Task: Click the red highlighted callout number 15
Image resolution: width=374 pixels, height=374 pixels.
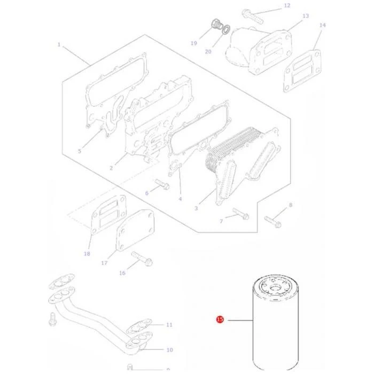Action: pos(220,320)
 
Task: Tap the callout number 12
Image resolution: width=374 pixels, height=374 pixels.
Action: pos(287,6)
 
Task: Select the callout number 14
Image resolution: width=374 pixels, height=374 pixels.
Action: pos(323,25)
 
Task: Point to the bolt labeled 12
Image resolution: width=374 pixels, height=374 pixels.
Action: pos(253,17)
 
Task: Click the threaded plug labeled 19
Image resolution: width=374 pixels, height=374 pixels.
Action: pos(217,25)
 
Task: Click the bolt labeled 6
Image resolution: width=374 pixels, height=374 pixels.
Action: pos(162,184)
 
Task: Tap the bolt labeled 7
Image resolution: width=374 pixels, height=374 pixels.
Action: pos(241,214)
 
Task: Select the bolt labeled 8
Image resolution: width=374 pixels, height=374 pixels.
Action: pos(273,222)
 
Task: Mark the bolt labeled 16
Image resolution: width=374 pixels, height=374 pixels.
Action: pos(142,259)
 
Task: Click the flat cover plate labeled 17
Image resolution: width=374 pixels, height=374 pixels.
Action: pos(135,230)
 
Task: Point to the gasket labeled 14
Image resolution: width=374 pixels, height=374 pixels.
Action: pos(302,71)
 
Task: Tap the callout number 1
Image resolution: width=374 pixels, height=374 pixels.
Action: pos(59,44)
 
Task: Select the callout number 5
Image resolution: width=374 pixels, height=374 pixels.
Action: pos(80,151)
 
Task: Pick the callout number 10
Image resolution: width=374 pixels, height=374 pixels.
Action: pos(169,350)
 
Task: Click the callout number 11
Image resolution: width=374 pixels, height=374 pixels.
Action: pos(169,325)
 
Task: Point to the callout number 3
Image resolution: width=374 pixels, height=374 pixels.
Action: pos(196,208)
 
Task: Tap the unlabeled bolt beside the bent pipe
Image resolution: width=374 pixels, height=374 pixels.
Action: pos(52,320)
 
